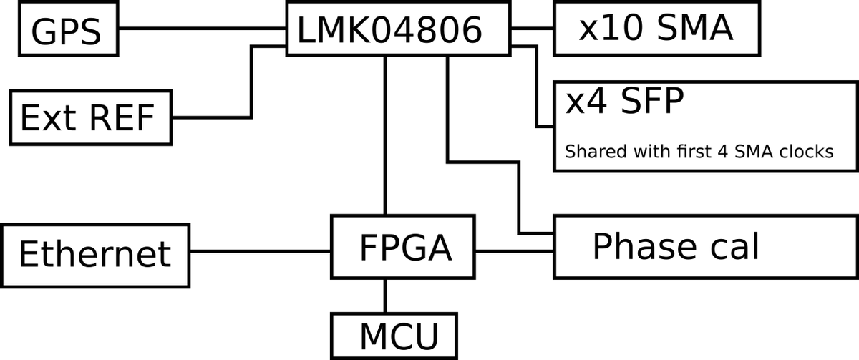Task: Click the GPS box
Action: point(68,30)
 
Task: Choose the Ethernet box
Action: point(95,253)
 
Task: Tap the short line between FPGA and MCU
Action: point(387,296)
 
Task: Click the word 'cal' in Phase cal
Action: point(734,247)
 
